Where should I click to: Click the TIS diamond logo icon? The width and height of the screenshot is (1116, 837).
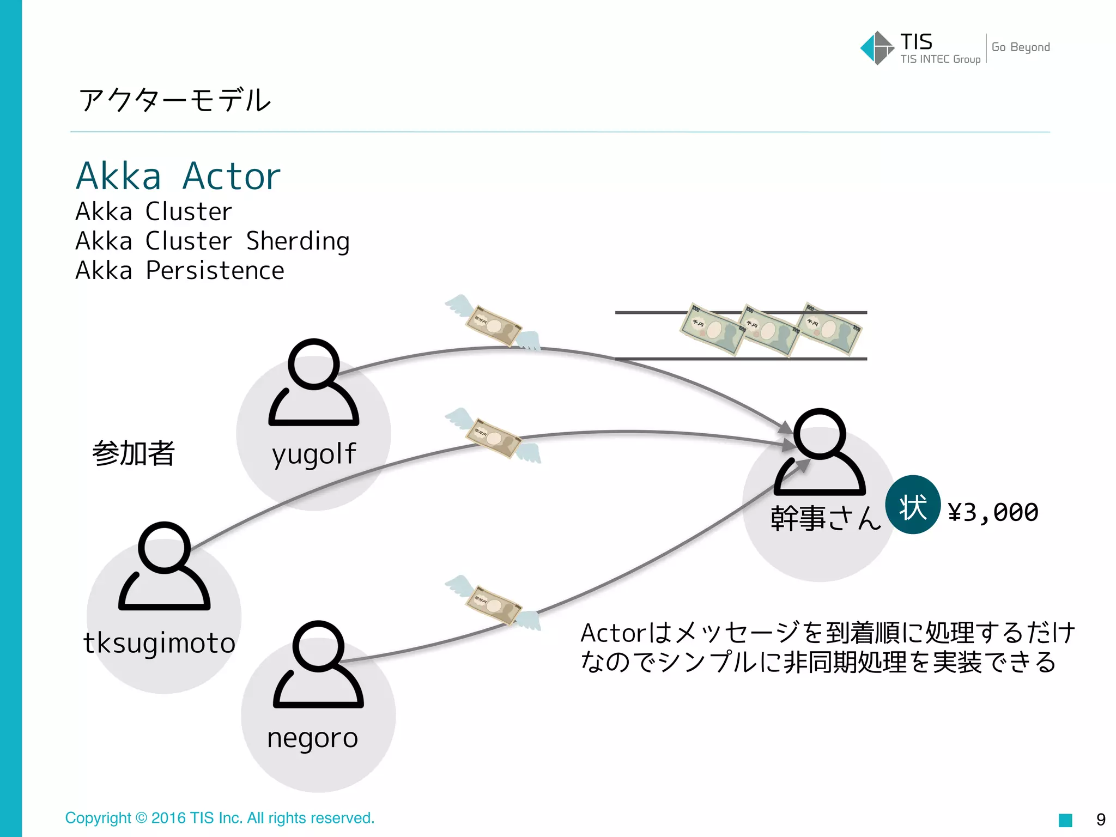[876, 48]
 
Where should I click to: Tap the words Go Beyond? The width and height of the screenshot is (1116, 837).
[1020, 47]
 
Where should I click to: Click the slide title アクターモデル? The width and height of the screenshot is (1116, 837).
[175, 100]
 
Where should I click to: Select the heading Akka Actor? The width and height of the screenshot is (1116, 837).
[178, 176]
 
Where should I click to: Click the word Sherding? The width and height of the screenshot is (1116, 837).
[298, 241]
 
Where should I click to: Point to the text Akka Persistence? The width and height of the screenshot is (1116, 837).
[180, 271]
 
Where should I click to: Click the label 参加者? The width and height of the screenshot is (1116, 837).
[134, 453]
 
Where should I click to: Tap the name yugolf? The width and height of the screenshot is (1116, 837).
[314, 454]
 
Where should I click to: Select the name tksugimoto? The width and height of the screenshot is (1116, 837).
[159, 643]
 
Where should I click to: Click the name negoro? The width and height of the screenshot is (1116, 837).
[313, 738]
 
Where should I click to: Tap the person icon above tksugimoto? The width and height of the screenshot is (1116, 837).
[164, 566]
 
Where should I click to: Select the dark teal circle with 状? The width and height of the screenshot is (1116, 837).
[913, 505]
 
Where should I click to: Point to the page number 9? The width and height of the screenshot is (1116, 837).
[1101, 820]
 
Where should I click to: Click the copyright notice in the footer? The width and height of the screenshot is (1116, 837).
[220, 818]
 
